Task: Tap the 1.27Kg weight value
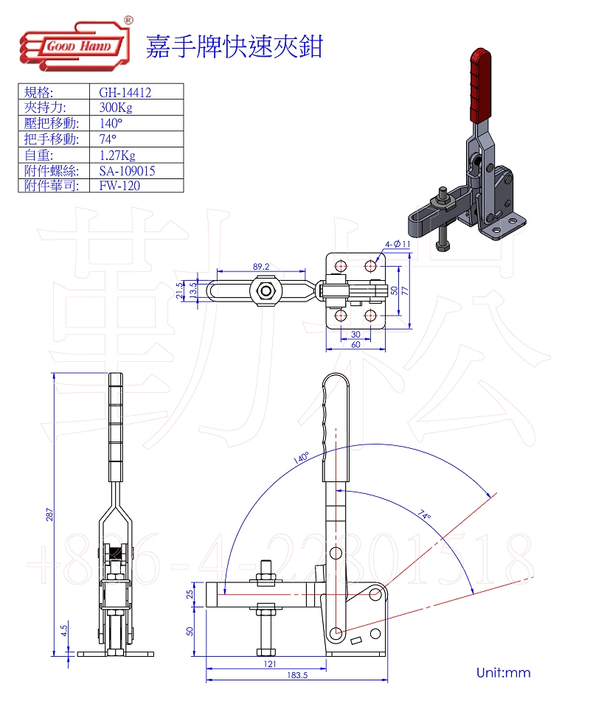coord(117,156)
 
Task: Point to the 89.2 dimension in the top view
coord(261,266)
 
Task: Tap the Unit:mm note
coord(503,672)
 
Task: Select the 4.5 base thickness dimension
coord(64,629)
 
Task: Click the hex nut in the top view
coord(264,290)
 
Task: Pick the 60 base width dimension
coord(355,344)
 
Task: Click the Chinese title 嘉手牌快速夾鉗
coord(235,46)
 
